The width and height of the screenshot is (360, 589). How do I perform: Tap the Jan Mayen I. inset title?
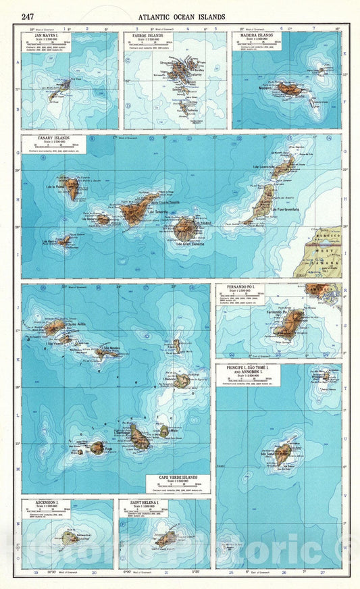coord(45,36)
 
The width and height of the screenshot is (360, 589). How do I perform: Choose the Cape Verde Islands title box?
coord(178,478)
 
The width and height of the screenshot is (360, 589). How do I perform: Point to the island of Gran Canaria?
coord(185,228)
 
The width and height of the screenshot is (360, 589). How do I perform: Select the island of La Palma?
coord(72,188)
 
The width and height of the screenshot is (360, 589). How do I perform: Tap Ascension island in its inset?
coord(70,538)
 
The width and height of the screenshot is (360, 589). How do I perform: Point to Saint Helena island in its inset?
coord(165,538)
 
